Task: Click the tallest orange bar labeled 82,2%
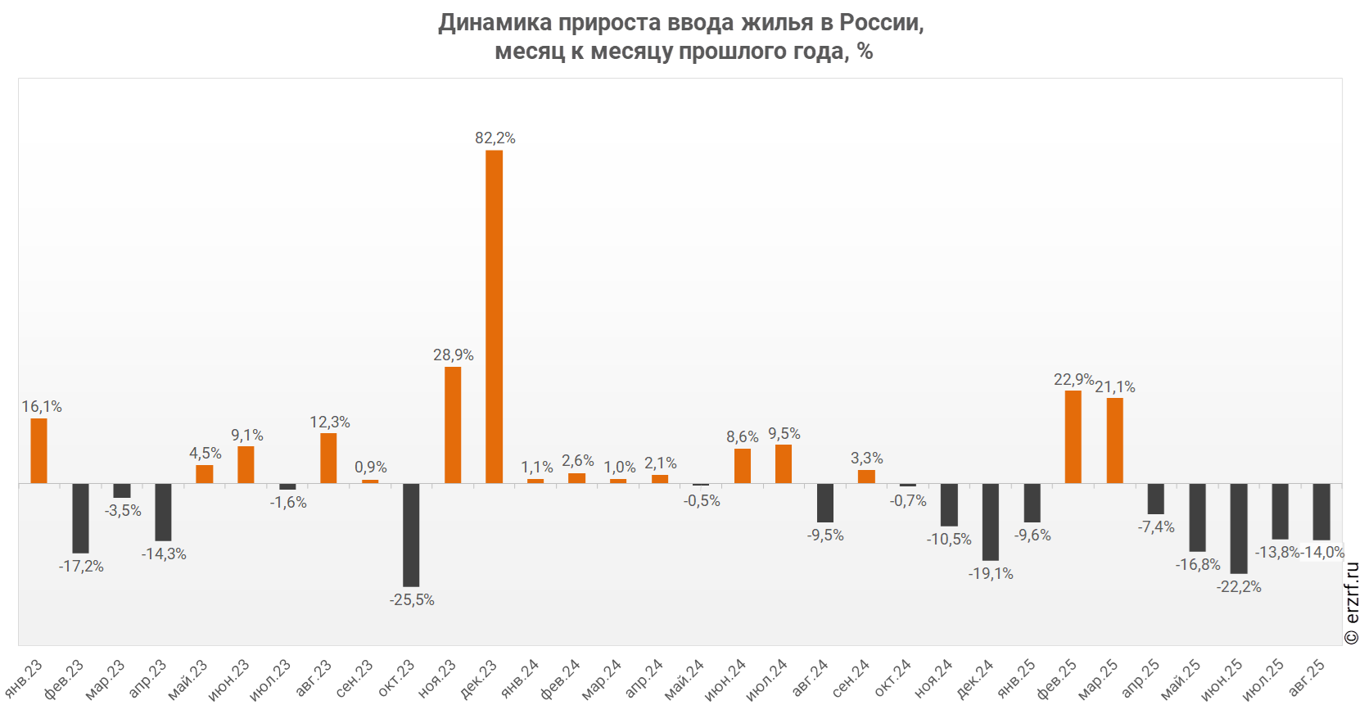(494, 316)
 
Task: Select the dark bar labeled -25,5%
(411, 534)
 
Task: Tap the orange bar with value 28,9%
(453, 424)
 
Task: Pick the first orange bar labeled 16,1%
(38, 450)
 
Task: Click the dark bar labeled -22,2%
(1239, 527)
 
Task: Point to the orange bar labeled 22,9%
(1073, 436)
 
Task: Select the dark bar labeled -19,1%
(991, 521)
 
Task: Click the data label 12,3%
(330, 423)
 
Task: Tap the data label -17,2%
(81, 567)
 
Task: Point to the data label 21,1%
(1115, 387)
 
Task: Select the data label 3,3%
(866, 459)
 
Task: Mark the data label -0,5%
(702, 501)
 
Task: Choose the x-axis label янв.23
(25, 680)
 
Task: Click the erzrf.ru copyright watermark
(1353, 603)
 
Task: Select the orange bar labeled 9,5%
(784, 463)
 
